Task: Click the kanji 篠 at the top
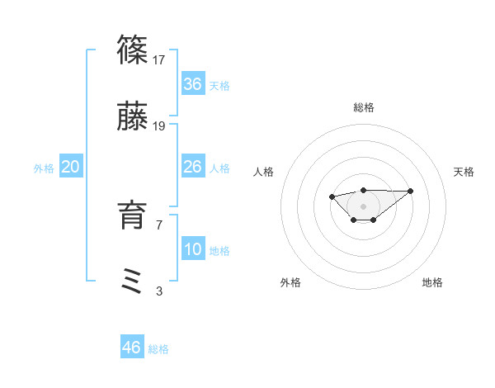coord(132,50)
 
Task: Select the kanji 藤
coord(132,118)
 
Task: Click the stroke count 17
coord(160,59)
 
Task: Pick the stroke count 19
coord(160,126)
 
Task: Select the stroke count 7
coord(159,225)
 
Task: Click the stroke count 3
coord(159,291)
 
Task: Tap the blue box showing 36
coord(193,84)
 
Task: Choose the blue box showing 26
coord(193,167)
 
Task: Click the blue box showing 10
coord(193,249)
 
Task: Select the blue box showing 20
coord(71,167)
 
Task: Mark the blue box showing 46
coord(132,348)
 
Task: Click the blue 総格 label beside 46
coord(158,349)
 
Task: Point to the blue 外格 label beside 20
coord(44,168)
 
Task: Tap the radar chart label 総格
coord(364,107)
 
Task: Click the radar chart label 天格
coord(464,172)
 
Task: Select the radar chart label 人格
coord(264,172)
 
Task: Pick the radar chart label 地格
coord(432,282)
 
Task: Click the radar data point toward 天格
coord(411,191)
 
